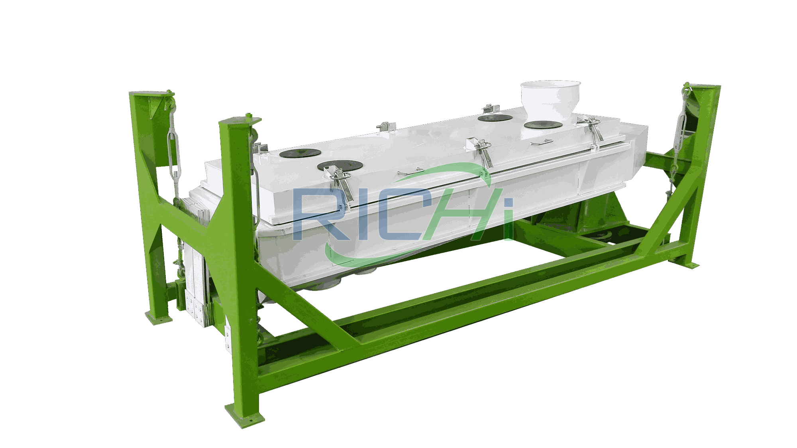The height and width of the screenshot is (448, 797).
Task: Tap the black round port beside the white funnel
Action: tap(543, 125)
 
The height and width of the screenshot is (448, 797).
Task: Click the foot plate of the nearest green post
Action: tap(244, 416)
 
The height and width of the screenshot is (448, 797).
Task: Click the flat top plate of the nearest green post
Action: tap(240, 120)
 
